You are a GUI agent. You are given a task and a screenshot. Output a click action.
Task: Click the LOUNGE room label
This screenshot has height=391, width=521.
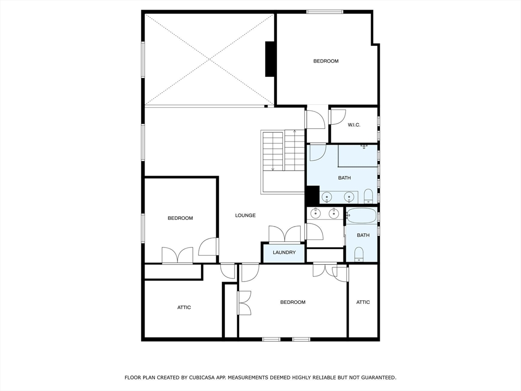click(x=245, y=215)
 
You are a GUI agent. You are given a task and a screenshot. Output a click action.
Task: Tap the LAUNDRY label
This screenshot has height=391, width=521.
click(x=284, y=253)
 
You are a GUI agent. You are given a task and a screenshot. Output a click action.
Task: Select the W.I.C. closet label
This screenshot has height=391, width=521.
click(x=354, y=125)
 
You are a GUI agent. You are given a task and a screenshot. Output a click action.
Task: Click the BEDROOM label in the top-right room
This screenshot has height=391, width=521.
click(x=326, y=61)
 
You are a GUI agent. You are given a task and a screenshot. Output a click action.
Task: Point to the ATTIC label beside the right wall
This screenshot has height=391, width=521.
click(x=363, y=302)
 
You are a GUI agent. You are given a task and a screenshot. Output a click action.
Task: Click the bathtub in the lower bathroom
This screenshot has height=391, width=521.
click(x=362, y=215)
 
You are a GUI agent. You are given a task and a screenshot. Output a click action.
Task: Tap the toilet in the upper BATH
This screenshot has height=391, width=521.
click(x=368, y=196)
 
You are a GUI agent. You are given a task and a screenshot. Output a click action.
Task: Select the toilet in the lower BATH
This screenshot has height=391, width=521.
click(x=359, y=254)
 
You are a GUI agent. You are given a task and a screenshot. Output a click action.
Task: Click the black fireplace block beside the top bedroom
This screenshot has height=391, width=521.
click(x=271, y=59)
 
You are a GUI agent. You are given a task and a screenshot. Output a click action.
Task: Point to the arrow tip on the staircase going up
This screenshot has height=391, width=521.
click(x=295, y=131)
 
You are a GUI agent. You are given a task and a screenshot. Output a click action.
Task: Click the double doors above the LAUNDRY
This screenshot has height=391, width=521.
click(x=285, y=234)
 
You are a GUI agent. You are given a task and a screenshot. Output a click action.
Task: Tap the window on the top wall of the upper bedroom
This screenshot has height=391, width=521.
click(x=325, y=11)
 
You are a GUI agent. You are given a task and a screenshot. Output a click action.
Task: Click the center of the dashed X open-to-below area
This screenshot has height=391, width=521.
click(x=210, y=60)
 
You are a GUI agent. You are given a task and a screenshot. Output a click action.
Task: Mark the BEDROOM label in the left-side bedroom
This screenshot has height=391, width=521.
click(x=181, y=218)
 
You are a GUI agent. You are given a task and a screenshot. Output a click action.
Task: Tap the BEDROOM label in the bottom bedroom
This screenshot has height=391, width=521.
click(x=293, y=302)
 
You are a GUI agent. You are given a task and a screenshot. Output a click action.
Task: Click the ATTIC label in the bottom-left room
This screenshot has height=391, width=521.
click(x=184, y=308)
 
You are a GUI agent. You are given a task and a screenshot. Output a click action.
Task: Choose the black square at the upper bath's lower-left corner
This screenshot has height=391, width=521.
click(x=312, y=195)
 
